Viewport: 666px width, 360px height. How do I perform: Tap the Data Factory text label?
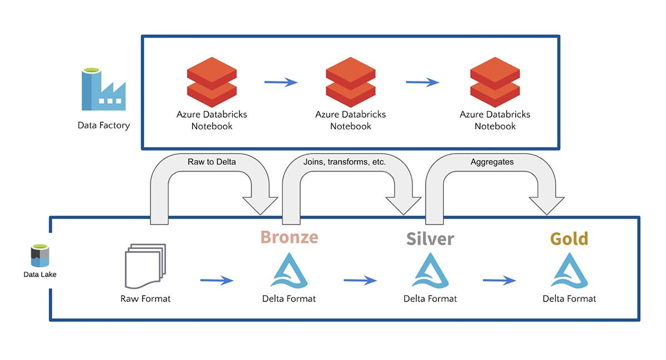103,125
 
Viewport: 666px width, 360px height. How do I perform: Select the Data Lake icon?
40,256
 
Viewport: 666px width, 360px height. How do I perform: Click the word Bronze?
289,237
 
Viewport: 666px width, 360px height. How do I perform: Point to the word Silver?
430,239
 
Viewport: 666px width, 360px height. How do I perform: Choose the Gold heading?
569,239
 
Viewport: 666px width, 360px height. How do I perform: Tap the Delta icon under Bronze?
289,271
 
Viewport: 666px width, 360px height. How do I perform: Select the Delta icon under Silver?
430,271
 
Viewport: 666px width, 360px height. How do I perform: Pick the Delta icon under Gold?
569,271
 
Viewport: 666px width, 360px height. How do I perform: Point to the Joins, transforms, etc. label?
345,162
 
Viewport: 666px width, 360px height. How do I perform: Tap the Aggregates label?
492,162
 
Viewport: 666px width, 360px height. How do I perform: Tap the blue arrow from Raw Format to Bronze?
216,281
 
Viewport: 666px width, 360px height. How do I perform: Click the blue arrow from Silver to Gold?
499,281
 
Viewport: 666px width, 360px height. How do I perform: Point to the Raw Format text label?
145,299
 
